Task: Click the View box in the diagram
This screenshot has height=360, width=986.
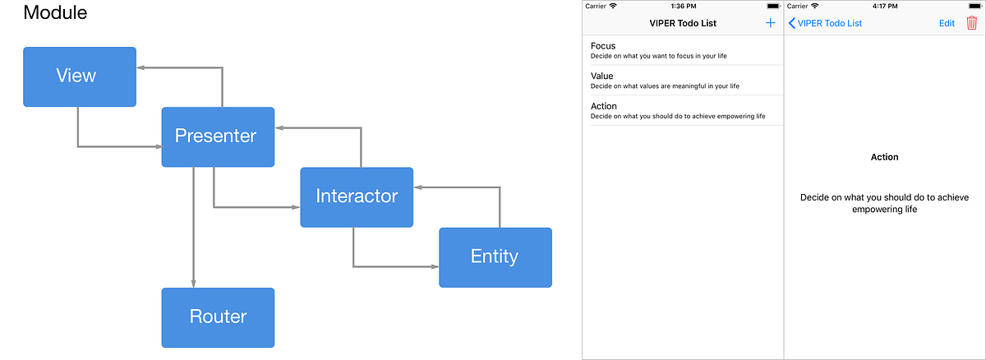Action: [79, 76]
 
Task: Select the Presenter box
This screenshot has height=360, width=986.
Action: [218, 136]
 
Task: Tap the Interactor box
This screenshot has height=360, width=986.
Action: [357, 197]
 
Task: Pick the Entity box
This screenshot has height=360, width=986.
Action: [495, 257]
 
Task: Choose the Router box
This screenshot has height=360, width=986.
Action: [218, 317]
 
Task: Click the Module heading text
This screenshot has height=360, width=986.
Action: [55, 13]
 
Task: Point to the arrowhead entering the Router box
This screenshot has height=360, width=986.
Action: [194, 283]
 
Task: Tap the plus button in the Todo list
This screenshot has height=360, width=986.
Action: [770, 23]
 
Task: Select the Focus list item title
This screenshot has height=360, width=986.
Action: [603, 46]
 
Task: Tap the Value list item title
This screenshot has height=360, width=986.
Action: [602, 76]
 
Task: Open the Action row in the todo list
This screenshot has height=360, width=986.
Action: [682, 110]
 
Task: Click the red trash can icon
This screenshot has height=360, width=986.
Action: [972, 23]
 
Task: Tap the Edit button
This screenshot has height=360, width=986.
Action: [947, 23]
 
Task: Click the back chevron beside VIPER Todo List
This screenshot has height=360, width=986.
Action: [791, 23]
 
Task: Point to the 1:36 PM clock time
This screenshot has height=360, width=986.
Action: [683, 6]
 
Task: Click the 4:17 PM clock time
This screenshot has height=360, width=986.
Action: [885, 6]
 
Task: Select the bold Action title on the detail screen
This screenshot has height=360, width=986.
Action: [885, 157]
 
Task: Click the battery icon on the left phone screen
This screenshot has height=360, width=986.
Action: [772, 6]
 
